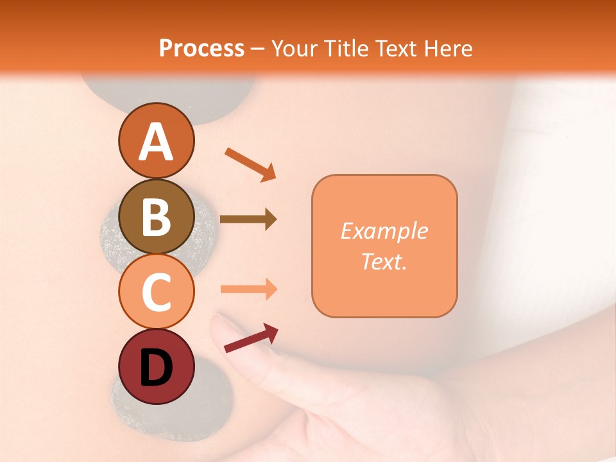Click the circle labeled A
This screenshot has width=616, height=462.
156,141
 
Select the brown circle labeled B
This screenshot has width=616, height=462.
156,216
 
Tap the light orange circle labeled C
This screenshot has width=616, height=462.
156,291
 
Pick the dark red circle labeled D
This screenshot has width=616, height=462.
156,366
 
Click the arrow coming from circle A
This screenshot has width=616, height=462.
250,164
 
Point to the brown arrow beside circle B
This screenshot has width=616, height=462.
248,219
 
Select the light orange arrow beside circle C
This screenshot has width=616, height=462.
248,289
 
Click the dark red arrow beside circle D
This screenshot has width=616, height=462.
251,338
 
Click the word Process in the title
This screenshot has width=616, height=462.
201,49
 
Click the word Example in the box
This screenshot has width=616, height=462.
384,231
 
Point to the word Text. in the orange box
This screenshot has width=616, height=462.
384,261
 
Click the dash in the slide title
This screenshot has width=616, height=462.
258,49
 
